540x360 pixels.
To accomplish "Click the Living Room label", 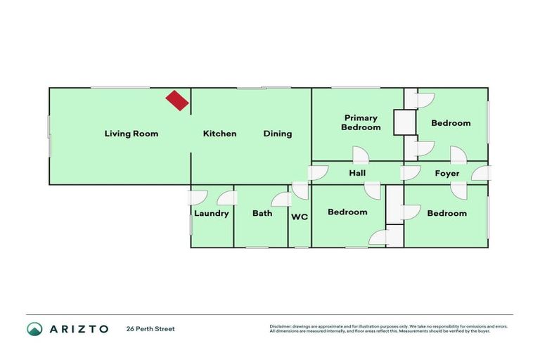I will tap(131, 134).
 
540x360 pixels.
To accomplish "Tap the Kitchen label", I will tap(220, 134).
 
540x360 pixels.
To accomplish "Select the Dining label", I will tap(278, 134).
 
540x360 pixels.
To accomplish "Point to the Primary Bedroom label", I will tap(361, 123).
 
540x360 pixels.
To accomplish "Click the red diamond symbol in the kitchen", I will tap(177, 101).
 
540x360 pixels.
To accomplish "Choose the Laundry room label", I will tap(212, 213).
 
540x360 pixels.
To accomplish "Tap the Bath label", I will tap(262, 213).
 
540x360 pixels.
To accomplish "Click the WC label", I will tap(300, 217).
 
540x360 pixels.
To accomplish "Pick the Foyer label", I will tap(447, 173).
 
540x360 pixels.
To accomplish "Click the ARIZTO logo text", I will tap(78, 329).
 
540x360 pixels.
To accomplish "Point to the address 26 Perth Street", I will tap(150, 329).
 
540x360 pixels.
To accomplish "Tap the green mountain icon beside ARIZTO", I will tap(34, 329).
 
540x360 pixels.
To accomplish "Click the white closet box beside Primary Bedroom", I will tap(405, 122).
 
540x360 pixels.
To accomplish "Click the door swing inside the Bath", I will tap(281, 199).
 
